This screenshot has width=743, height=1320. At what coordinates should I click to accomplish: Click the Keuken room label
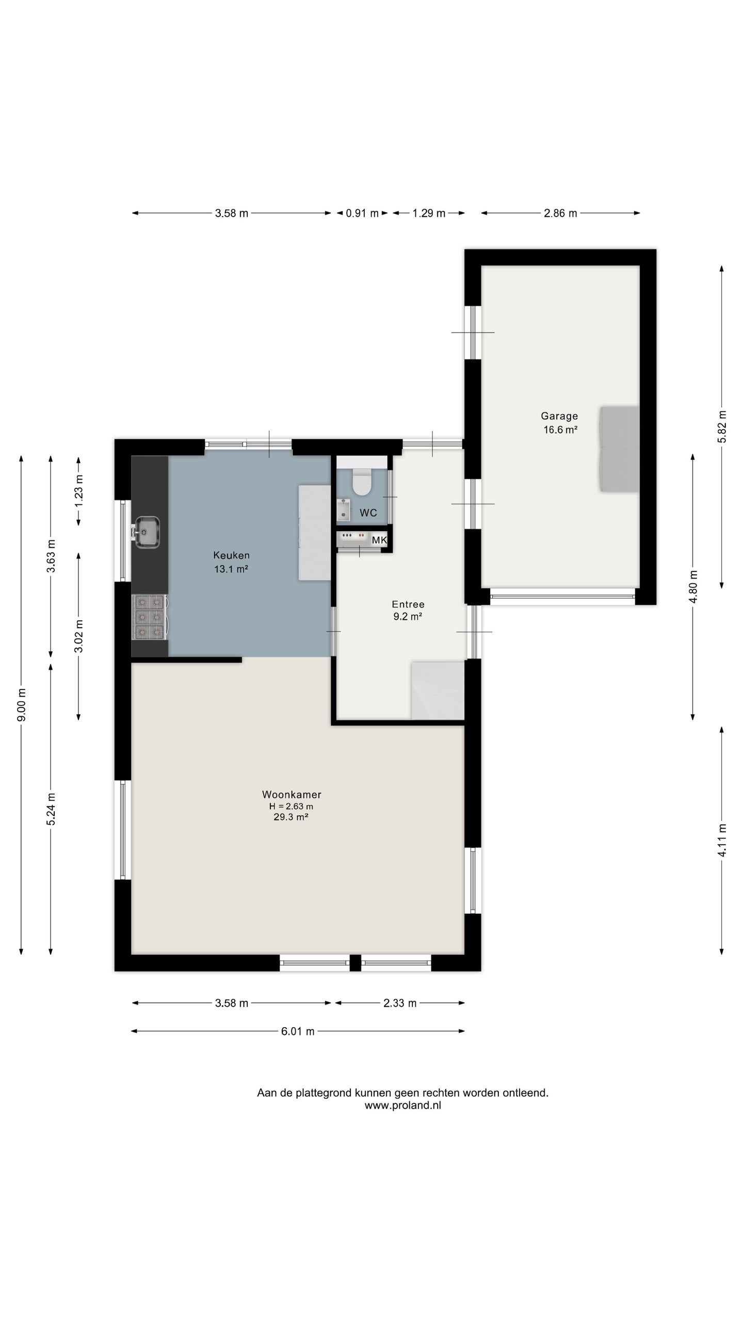coord(232,555)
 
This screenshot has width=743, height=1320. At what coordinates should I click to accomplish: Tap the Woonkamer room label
coord(292,795)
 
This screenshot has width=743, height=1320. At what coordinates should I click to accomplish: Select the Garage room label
coord(559,416)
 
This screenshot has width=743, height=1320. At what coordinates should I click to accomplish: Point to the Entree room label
coord(408,604)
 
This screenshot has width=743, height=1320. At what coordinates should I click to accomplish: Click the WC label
coord(368,513)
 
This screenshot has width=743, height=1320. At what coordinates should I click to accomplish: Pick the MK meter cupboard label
coord(379,540)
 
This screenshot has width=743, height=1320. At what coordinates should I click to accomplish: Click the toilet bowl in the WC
coord(362,482)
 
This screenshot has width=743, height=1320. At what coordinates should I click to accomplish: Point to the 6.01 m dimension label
coord(298,1031)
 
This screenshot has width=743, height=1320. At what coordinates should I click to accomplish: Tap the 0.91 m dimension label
coord(362,213)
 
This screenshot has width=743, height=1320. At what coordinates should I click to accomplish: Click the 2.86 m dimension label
coord(560,213)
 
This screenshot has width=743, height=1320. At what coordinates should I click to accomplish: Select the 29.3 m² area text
coord(291,817)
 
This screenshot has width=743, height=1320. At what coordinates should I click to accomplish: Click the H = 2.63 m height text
coord(291,806)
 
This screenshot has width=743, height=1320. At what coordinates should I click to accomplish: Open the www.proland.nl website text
coord(403,1105)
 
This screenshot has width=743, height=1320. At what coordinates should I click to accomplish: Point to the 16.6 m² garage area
coord(560,429)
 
